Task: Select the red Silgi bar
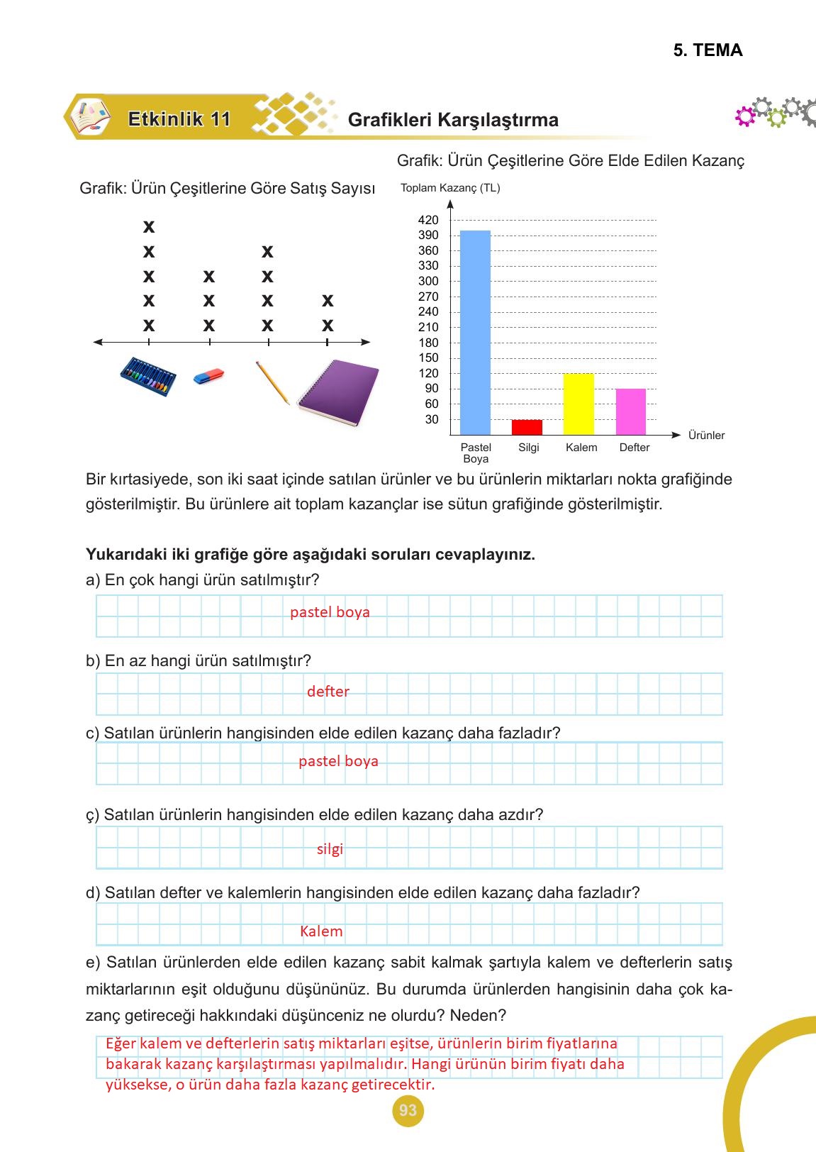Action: (527, 427)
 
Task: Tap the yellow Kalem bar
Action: (579, 404)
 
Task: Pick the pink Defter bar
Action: (631, 411)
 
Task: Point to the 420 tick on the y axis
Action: (428, 220)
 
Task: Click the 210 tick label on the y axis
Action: (428, 327)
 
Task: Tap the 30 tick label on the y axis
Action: (432, 419)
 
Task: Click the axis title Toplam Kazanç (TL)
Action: (450, 188)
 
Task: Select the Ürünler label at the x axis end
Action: (706, 436)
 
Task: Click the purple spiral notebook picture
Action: (339, 392)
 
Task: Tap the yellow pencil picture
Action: (272, 382)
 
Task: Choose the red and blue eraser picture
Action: (209, 375)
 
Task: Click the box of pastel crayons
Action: (149, 376)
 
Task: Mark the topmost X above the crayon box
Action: (148, 227)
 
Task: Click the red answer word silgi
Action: (330, 849)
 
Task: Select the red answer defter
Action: (328, 692)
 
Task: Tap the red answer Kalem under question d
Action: (321, 931)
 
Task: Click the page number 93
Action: (408, 1110)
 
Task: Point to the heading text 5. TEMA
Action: (708, 50)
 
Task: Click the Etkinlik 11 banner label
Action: (179, 119)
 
